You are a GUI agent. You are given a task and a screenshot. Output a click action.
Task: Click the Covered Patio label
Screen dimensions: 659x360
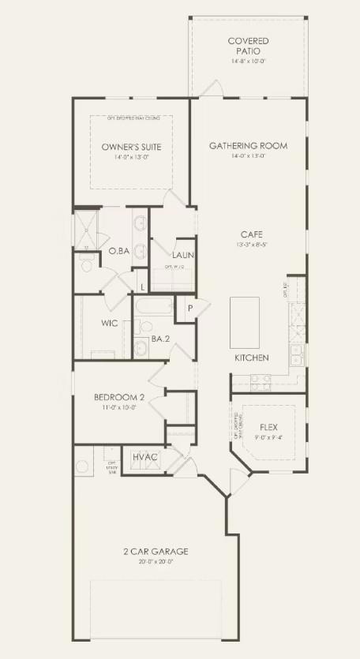[x=248, y=46]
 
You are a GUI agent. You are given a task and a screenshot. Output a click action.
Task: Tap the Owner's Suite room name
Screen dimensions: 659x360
[x=131, y=147]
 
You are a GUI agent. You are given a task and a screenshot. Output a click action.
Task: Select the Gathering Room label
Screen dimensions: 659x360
[x=248, y=146]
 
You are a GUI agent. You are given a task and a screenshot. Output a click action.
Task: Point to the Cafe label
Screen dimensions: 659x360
[x=252, y=234]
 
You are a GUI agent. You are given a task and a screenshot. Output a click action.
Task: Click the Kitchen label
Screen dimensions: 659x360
[x=252, y=358]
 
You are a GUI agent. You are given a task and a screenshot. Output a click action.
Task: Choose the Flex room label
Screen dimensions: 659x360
[x=268, y=428]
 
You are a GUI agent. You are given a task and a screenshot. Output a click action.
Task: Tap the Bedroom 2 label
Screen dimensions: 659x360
[x=117, y=397]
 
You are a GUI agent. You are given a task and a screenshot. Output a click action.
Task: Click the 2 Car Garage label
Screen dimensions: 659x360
[x=156, y=551]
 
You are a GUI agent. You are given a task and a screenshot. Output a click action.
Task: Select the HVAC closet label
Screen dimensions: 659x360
[x=145, y=458]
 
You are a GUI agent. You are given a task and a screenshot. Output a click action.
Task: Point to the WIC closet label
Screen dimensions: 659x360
[x=110, y=324]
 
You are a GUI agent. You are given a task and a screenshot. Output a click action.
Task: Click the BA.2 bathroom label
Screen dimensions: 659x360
[x=161, y=339]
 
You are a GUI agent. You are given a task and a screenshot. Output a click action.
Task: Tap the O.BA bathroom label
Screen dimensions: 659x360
[x=118, y=251]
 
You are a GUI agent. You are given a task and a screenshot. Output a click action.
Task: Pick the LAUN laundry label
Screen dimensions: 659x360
[x=183, y=255]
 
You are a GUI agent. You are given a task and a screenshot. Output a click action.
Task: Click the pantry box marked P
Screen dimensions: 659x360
[x=190, y=308]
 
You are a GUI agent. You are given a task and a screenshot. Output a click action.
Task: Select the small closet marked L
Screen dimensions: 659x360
[x=143, y=286]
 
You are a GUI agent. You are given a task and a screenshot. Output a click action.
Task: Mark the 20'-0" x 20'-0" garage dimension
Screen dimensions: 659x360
[x=156, y=562]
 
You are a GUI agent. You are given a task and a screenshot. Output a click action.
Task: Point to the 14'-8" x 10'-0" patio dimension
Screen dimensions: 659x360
[x=248, y=61]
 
